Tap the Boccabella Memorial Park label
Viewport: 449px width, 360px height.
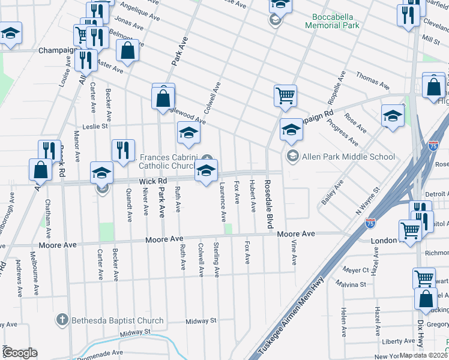tap(332, 22)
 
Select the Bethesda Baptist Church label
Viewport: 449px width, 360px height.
tap(117, 320)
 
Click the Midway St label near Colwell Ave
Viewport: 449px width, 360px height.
tap(200, 321)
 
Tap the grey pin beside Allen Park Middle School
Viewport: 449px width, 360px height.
tap(292, 157)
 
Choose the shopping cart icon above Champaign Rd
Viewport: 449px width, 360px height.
tap(285, 95)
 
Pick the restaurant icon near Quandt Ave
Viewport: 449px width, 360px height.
tap(123, 150)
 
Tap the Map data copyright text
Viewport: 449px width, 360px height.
tap(423, 355)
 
